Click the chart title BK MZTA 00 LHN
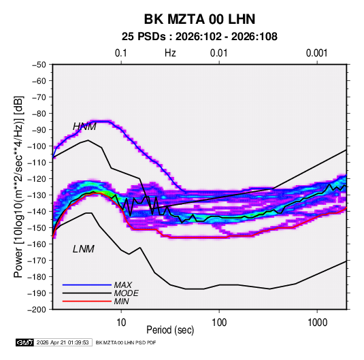199,19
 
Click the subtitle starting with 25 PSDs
199,37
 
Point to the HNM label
84,127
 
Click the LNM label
84,249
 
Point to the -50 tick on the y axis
39,65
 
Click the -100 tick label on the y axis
37,146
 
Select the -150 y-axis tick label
37,228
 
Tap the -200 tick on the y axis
37,310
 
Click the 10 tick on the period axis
121,323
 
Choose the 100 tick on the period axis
219,323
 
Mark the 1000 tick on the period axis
317,323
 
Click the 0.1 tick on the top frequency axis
121,53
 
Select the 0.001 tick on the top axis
317,53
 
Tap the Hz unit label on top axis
170,53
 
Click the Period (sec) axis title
170,330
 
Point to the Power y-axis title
18,187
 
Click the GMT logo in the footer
25,342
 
